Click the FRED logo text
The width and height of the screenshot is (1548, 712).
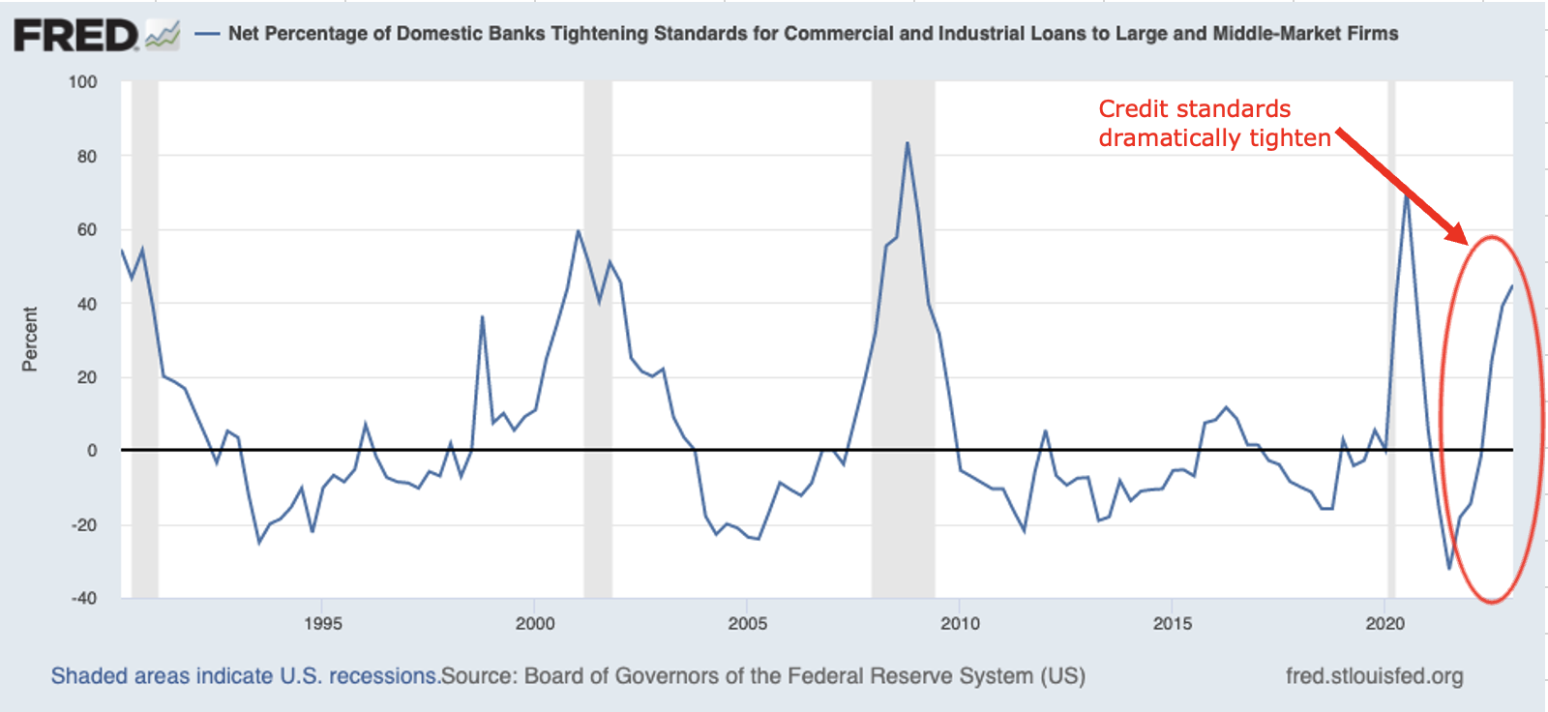tap(76, 36)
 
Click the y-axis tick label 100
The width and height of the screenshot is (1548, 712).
tap(83, 82)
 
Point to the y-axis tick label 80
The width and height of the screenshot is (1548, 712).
tap(87, 156)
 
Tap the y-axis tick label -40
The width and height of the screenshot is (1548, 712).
tap(84, 598)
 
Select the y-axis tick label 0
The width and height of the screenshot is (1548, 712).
tap(92, 451)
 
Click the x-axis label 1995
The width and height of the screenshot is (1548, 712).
tap(322, 624)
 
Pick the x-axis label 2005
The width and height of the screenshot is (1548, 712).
tap(747, 624)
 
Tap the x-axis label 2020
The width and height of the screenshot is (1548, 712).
tap(1384, 624)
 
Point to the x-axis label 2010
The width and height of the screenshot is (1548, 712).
tap(960, 624)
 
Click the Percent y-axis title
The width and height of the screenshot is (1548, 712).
tap(30, 339)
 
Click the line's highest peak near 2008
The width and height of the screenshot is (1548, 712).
tap(907, 143)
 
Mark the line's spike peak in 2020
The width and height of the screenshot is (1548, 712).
tap(1407, 193)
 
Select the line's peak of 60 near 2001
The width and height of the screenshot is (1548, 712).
tap(578, 230)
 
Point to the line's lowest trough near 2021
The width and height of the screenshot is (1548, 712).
tap(1449, 569)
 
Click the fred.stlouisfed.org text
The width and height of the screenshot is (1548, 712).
tap(1374, 676)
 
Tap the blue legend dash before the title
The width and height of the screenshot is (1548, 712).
tap(207, 34)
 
